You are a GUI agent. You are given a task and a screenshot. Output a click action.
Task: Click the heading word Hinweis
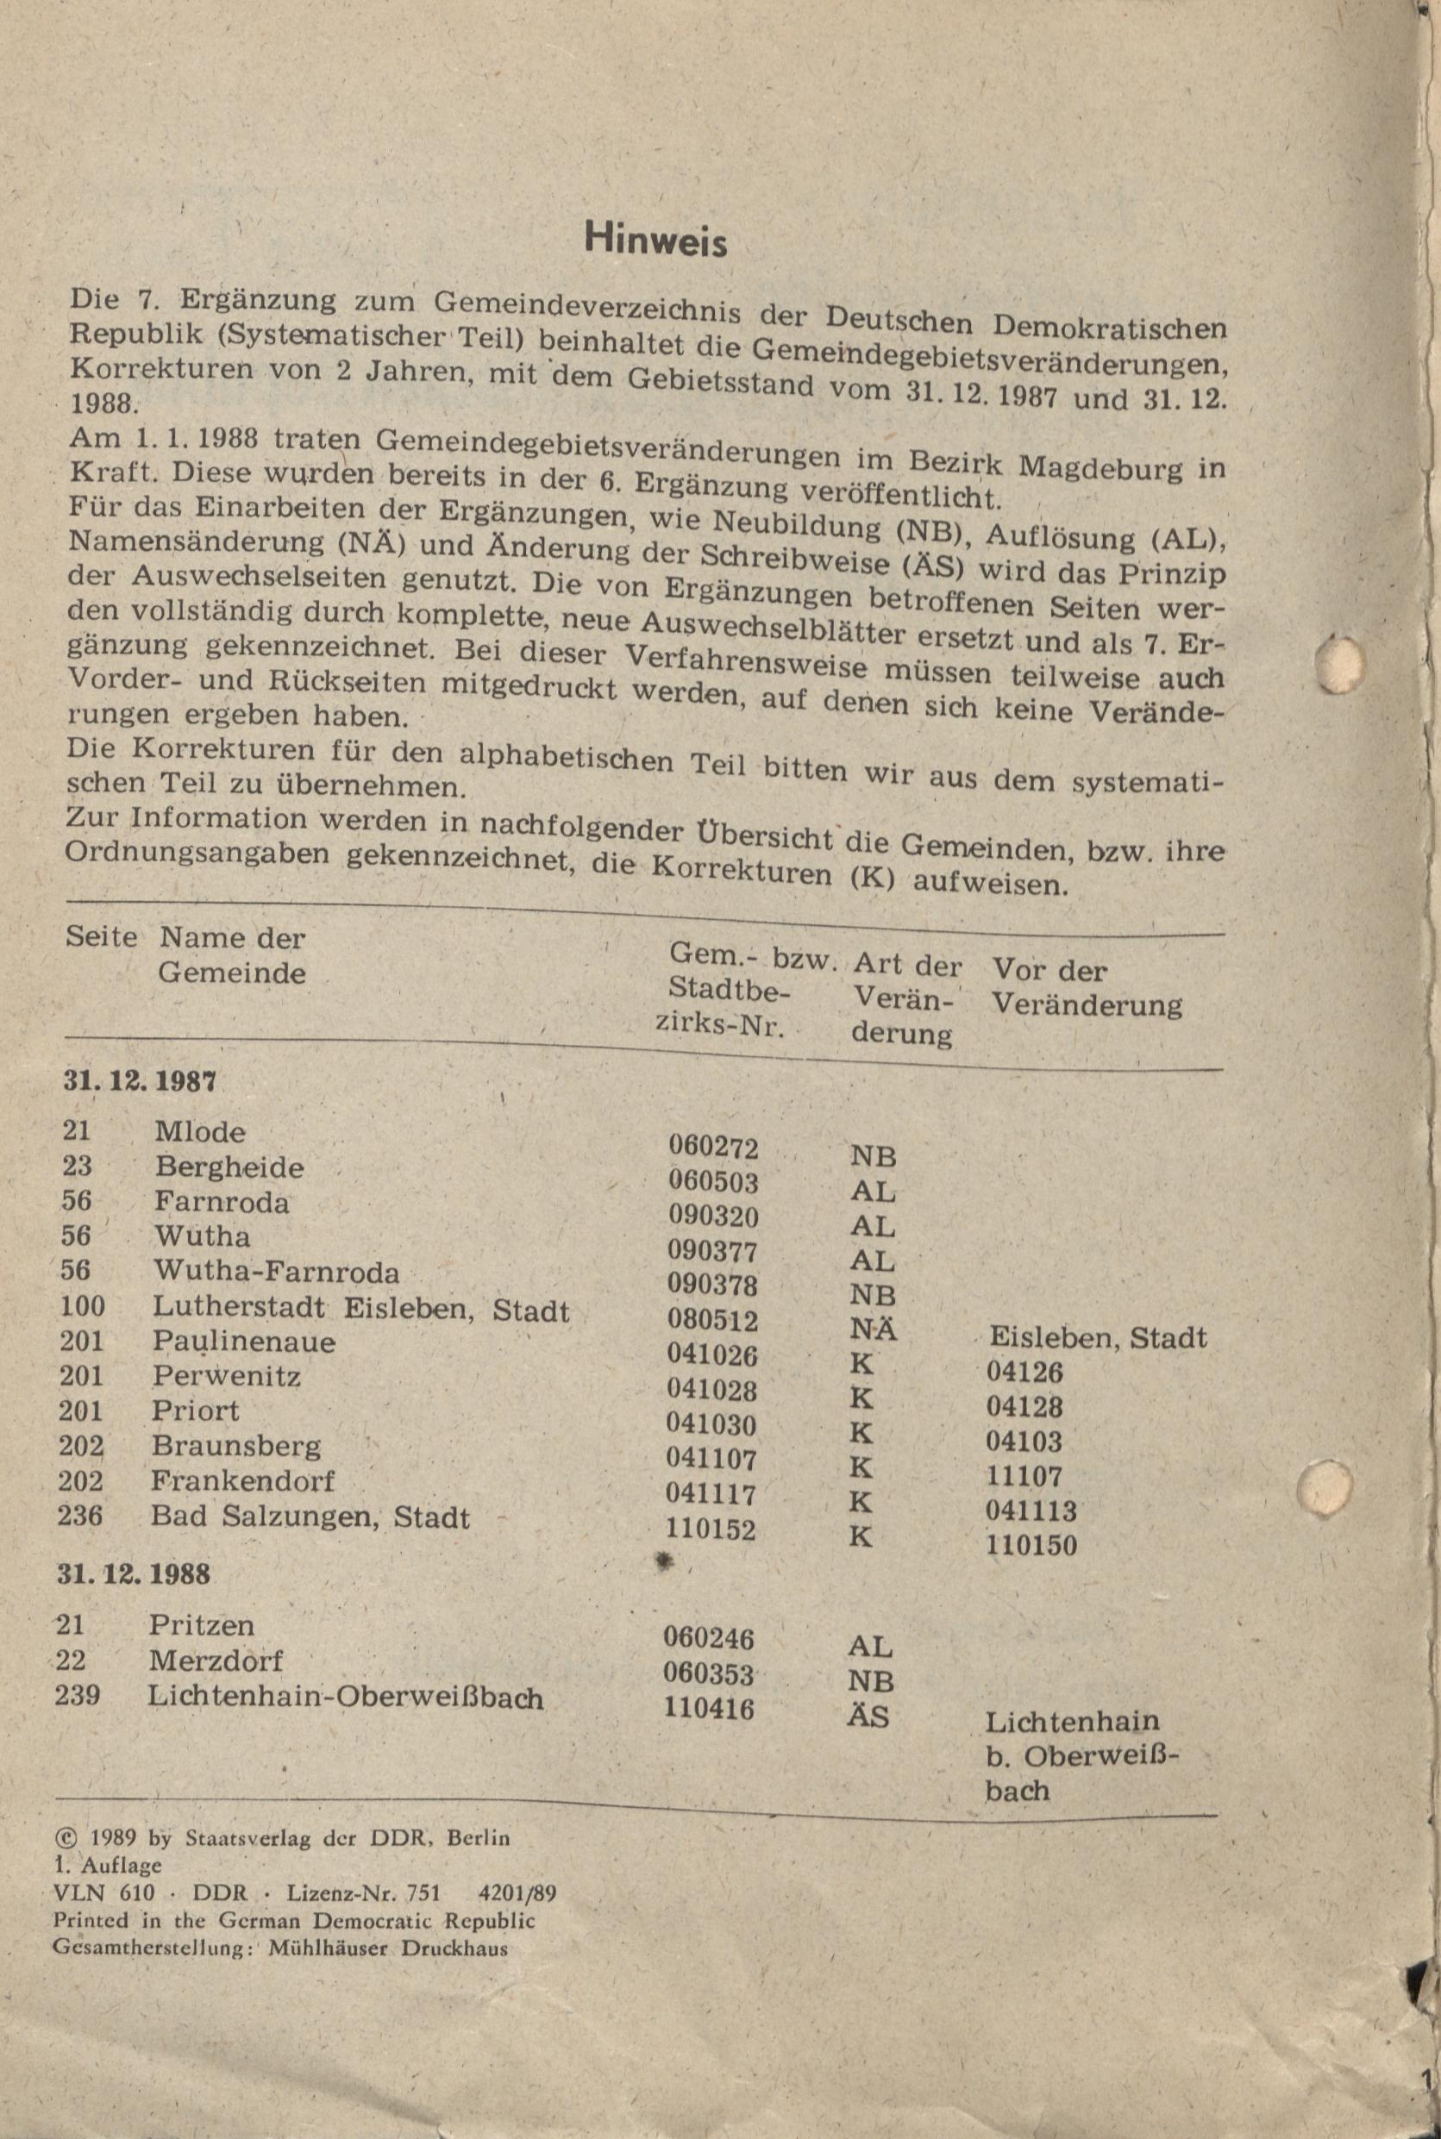655,241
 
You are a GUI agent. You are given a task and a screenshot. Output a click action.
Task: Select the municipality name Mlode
199,1131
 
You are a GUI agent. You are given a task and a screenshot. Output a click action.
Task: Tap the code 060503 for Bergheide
713,1180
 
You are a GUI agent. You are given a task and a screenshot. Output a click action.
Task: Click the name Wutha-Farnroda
276,1271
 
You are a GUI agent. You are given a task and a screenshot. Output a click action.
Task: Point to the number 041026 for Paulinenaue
712,1354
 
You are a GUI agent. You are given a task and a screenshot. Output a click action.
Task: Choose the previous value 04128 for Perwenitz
1024,1407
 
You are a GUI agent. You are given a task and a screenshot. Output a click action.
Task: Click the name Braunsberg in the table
236,1445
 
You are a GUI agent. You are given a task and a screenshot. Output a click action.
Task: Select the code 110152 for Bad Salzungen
711,1529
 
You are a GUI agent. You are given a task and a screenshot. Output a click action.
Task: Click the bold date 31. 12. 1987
140,1080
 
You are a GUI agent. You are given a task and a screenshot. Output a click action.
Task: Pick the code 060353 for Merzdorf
709,1674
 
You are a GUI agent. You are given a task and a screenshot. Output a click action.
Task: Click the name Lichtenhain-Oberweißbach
345,1696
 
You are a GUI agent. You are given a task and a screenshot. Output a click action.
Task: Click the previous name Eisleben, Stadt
1097,1338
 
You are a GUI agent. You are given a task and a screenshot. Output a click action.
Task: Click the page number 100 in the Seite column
83,1305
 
